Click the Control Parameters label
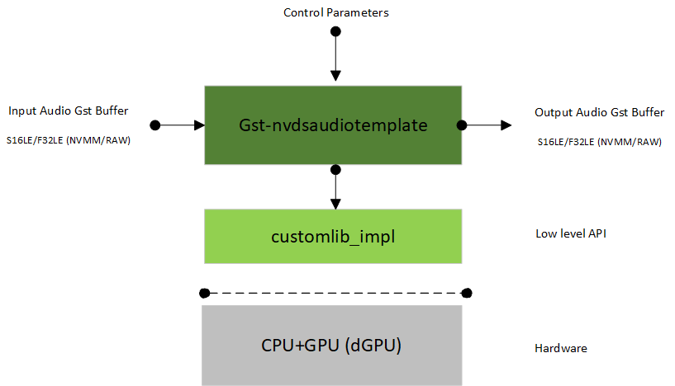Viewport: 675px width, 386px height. [x=335, y=12]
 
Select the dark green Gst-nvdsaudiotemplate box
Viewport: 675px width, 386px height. [x=333, y=125]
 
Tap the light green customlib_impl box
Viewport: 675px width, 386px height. [x=333, y=237]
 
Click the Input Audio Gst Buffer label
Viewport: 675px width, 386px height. [x=68, y=111]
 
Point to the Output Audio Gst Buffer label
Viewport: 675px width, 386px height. [x=599, y=112]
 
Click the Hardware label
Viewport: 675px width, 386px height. [x=561, y=348]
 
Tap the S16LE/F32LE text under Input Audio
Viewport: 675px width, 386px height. [x=69, y=141]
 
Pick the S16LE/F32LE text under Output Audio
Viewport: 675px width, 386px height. [x=599, y=142]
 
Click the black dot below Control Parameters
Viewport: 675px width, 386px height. [x=335, y=31]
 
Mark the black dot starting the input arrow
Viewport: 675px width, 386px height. [x=154, y=125]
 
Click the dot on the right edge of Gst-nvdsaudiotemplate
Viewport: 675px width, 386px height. [x=462, y=125]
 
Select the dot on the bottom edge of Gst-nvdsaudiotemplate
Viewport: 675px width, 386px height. [x=335, y=170]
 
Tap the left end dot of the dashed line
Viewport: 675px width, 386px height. [x=204, y=292]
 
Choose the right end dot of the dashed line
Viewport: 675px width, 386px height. [x=467, y=292]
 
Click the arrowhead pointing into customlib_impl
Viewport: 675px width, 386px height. [x=335, y=203]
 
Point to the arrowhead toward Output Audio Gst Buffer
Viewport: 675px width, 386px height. [x=505, y=125]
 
